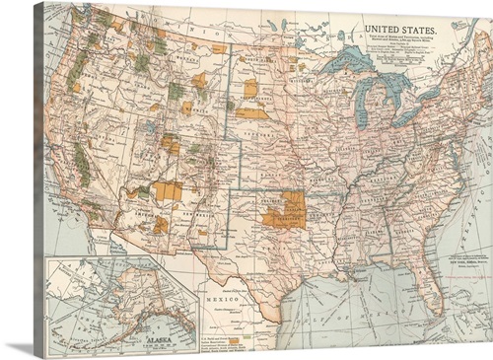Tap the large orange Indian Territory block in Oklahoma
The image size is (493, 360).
pyautogui.click(x=283, y=210)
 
